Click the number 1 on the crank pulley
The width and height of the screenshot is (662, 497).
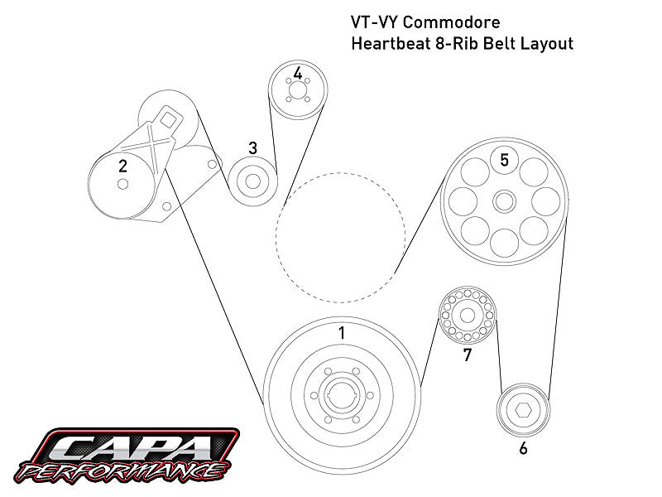pyautogui.click(x=341, y=333)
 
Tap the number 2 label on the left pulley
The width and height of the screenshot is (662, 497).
pyautogui.click(x=122, y=166)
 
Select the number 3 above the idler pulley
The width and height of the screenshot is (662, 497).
pyautogui.click(x=252, y=147)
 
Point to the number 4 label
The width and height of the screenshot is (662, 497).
pyautogui.click(x=297, y=74)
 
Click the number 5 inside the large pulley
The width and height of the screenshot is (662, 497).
pyautogui.click(x=504, y=159)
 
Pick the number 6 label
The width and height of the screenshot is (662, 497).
pyautogui.click(x=523, y=449)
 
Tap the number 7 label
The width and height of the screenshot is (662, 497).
pyautogui.click(x=468, y=355)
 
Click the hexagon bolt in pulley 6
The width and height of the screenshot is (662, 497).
pyautogui.click(x=523, y=410)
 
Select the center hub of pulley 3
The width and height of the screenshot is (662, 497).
pyautogui.click(x=252, y=181)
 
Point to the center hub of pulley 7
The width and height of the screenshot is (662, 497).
pyautogui.click(x=466, y=316)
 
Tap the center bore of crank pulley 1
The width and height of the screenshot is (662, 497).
pyautogui.click(x=340, y=395)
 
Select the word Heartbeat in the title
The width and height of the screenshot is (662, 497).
pyautogui.click(x=392, y=43)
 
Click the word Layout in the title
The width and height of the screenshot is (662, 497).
pyautogui.click(x=546, y=43)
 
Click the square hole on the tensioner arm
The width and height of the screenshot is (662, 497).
pyautogui.click(x=168, y=118)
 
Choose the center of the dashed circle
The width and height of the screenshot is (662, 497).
pyautogui.click(x=340, y=235)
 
